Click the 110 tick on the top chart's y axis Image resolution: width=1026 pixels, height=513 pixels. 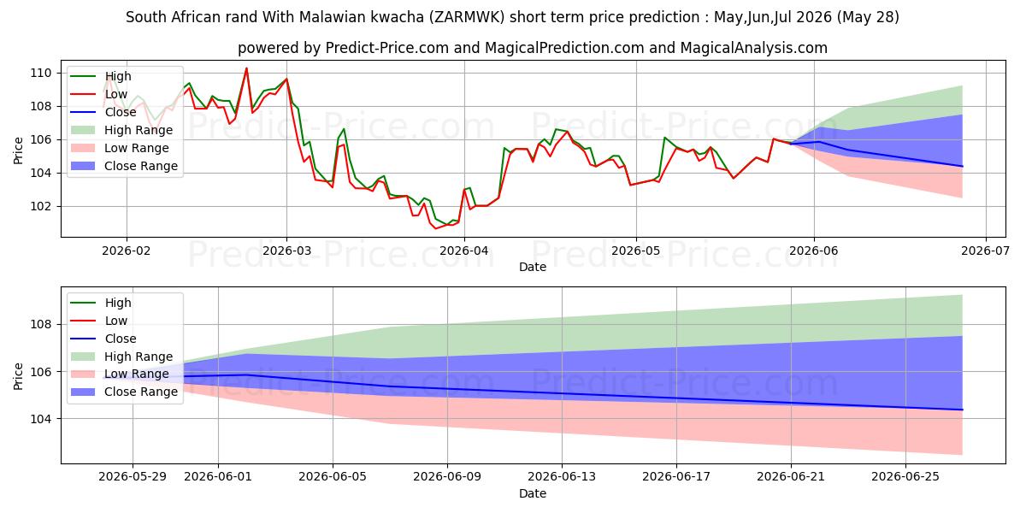coord(41,73)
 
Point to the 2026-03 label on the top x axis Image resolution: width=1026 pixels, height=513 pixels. coord(286,251)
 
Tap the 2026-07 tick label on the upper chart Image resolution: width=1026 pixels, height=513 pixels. coord(985,251)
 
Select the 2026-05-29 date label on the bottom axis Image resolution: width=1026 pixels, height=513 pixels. coord(133,477)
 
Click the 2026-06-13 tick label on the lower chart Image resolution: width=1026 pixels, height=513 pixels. coord(562,477)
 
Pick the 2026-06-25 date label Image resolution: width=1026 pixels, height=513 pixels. coord(905,477)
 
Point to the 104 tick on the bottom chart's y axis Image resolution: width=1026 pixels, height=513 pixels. coord(41,419)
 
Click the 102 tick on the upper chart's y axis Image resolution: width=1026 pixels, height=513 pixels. coord(41,206)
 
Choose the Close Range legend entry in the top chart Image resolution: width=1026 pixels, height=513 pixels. coord(124,166)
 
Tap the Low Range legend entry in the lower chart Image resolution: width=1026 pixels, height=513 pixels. coord(120,374)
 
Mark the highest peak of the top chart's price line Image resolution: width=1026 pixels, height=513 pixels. coord(246,68)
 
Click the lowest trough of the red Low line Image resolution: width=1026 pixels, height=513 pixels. coord(436,228)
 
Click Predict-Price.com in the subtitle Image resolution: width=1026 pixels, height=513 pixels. coord(387,48)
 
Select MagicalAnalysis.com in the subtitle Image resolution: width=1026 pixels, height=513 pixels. coord(754,48)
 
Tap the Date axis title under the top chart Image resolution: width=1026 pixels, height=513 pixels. coord(533,267)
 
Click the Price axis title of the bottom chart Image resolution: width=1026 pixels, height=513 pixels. coord(18,376)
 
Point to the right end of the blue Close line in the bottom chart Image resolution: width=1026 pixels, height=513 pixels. coord(963,410)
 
